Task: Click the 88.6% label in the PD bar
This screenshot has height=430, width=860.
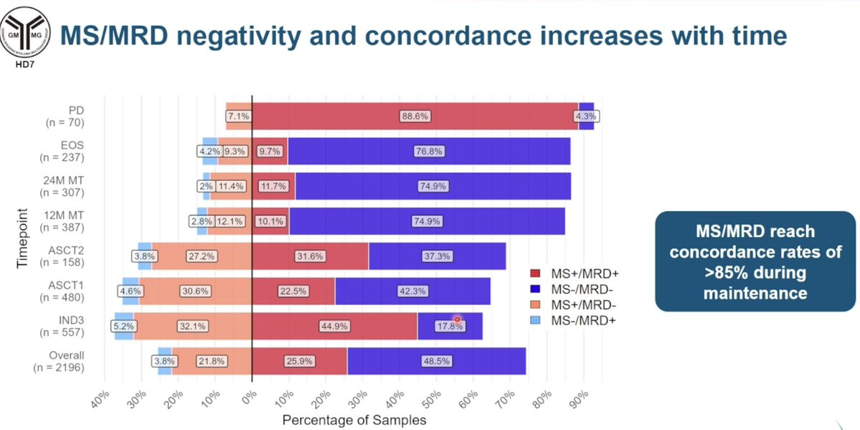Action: pyautogui.click(x=415, y=116)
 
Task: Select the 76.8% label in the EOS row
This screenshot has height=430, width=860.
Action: pyautogui.click(x=430, y=151)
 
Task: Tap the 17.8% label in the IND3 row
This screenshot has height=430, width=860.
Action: pyautogui.click(x=450, y=326)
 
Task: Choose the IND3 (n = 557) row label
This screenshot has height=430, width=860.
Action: pyautogui.click(x=63, y=326)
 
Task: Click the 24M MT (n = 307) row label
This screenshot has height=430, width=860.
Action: pyautogui.click(x=63, y=186)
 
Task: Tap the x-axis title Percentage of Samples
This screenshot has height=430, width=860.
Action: pyautogui.click(x=354, y=419)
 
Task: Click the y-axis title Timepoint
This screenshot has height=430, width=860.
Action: pyautogui.click(x=22, y=238)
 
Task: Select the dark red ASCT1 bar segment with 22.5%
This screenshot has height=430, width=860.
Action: pyautogui.click(x=295, y=291)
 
